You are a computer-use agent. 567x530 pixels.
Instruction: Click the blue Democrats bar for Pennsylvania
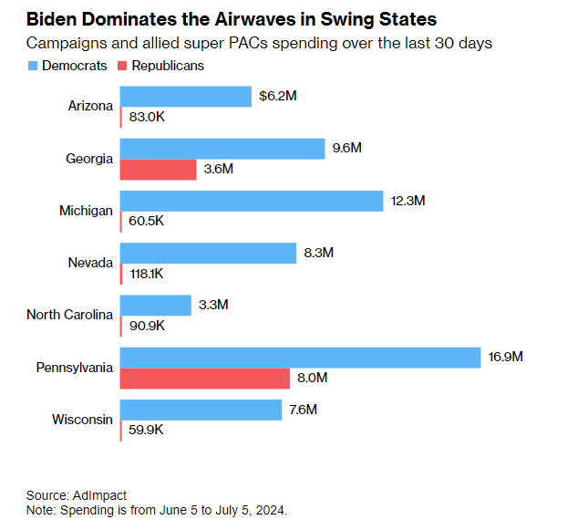(x=300, y=358)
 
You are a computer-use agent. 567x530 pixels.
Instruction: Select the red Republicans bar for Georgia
(x=158, y=169)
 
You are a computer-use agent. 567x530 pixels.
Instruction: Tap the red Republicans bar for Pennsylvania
(x=204, y=378)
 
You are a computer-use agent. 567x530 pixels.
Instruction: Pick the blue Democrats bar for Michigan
(x=251, y=201)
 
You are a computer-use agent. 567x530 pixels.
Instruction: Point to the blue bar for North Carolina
(x=155, y=305)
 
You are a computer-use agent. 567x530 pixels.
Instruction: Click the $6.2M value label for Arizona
(x=277, y=95)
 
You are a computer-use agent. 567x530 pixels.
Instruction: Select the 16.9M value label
(x=506, y=357)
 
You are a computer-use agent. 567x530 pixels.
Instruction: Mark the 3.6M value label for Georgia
(x=219, y=169)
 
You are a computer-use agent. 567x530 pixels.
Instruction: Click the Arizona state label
(x=90, y=106)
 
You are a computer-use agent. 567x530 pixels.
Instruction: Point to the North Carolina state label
(x=69, y=315)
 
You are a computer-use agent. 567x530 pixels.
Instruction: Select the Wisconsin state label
(x=81, y=420)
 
